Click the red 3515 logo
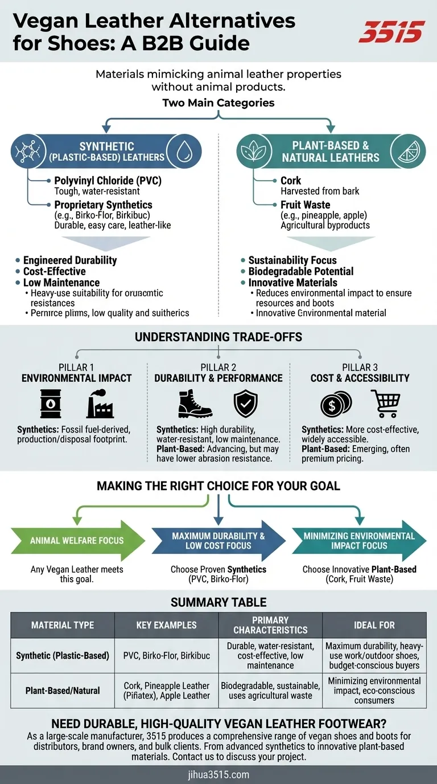click(x=391, y=32)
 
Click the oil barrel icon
click(x=51, y=403)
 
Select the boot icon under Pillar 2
click(x=195, y=403)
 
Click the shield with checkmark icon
click(x=246, y=403)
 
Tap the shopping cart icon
click(x=385, y=403)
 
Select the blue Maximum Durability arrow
click(x=218, y=541)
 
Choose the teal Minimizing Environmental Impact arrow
click(x=360, y=541)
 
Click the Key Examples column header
click(x=166, y=625)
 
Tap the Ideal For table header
click(x=374, y=625)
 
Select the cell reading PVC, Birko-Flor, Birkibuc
click(x=166, y=655)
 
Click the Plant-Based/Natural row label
click(x=63, y=691)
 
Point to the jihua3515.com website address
click(x=218, y=774)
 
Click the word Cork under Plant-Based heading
click(x=291, y=181)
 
